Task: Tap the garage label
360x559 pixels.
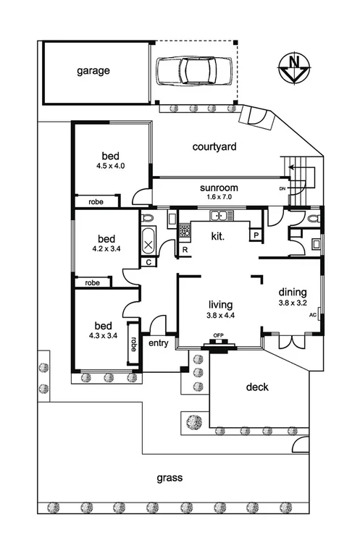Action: pos(93,71)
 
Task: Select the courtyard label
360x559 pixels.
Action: pos(214,147)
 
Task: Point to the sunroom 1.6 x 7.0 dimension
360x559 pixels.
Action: pos(219,197)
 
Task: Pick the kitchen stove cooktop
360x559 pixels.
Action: pos(184,232)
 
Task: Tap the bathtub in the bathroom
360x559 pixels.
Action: pos(149,238)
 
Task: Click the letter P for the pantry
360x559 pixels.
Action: pos(256,235)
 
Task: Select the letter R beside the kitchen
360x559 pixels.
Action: pos(185,251)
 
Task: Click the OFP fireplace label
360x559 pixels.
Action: pos(217,335)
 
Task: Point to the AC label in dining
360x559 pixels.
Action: pos(313,316)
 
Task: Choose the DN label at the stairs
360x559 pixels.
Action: pos(282,189)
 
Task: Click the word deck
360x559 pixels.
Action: pos(257,387)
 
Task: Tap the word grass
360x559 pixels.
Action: pos(171,478)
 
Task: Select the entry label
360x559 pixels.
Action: pos(158,343)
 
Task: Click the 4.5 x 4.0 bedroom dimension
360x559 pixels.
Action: pos(110,166)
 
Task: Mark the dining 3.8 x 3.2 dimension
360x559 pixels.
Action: pos(293,303)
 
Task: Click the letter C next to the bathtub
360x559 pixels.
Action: pos(148,262)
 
